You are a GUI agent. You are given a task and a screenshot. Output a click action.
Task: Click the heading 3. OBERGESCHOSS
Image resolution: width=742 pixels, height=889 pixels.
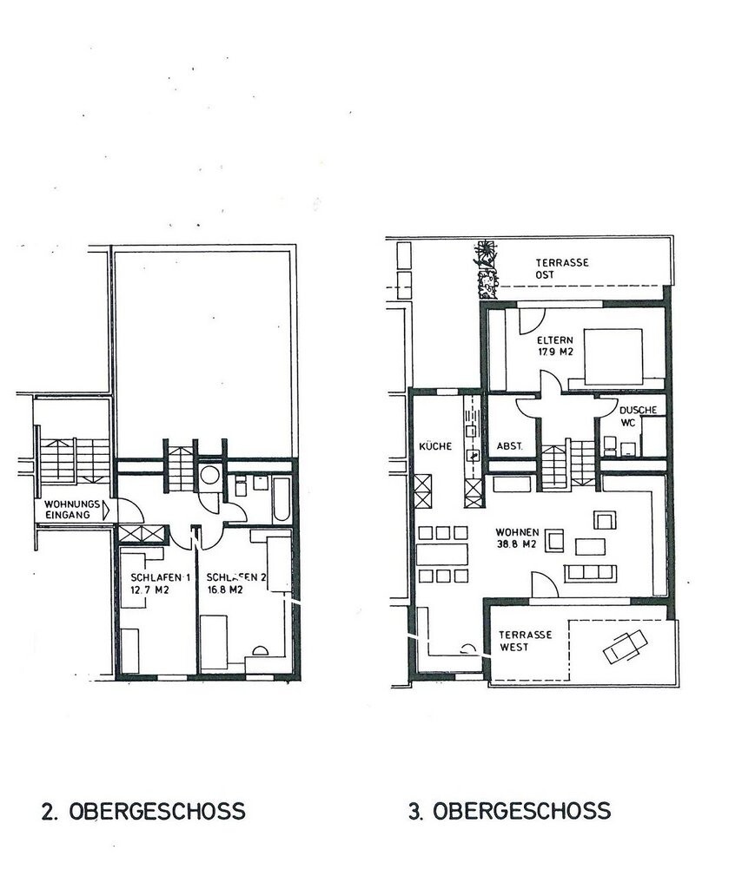tap(509, 812)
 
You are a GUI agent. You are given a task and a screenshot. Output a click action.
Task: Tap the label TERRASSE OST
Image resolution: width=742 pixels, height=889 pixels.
tap(562, 268)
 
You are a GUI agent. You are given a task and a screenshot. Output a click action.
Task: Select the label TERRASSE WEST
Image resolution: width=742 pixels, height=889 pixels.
tap(525, 641)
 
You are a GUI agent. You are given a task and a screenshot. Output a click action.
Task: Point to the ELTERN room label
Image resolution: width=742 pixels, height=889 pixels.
tap(553, 340)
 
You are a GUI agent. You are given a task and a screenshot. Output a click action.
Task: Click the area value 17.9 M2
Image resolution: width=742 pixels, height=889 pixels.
tap(554, 352)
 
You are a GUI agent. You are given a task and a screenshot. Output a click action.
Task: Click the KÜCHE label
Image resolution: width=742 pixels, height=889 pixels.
tap(434, 446)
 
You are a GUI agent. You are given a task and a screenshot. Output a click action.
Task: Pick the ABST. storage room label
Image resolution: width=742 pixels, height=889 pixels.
tap(509, 446)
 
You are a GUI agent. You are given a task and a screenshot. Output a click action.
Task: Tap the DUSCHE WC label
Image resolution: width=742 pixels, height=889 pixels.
tap(638, 416)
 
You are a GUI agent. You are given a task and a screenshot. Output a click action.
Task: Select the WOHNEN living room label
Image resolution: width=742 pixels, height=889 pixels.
tap(518, 532)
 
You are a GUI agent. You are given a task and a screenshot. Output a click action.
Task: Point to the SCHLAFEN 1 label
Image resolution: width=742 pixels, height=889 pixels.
tap(161, 577)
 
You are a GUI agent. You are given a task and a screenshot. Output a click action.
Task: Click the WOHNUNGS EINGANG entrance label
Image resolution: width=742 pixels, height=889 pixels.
tap(68, 510)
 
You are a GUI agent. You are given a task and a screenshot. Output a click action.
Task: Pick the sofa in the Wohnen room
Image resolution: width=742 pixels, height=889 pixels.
tap(591, 572)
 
